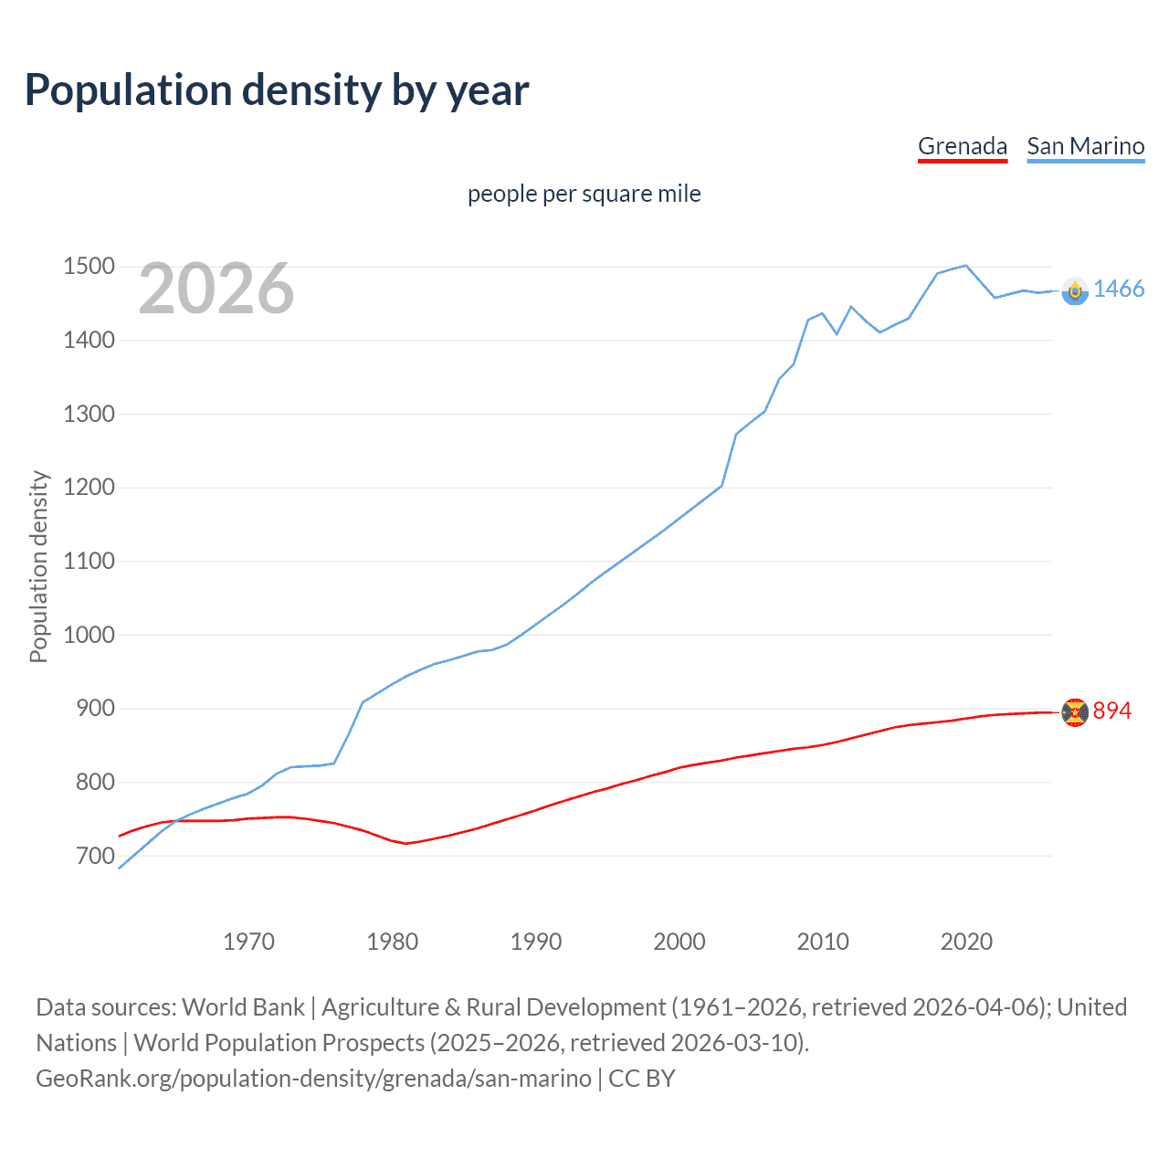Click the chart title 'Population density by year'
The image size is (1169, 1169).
coord(277,90)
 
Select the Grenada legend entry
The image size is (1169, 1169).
coord(962,146)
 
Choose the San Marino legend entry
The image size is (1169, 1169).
coord(1085,146)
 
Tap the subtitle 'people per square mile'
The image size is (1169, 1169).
coord(584,195)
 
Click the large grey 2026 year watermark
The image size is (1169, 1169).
coord(216,289)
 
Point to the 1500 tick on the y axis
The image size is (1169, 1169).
coord(89,267)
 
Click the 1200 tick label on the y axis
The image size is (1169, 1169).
coord(89,488)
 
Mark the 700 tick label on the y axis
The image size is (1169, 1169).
coord(95,856)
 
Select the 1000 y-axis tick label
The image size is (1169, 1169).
coord(89,635)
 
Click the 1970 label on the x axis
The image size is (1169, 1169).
coord(248,942)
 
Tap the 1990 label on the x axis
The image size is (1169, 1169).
coord(536,942)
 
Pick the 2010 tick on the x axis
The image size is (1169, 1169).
coord(823,942)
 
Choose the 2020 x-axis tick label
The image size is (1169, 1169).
coord(966,942)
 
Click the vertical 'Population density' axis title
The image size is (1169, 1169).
coord(38,566)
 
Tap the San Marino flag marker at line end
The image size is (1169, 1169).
coord(1075,290)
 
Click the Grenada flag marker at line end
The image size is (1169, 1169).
coord(1075,711)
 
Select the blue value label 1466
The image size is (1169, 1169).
coord(1118,290)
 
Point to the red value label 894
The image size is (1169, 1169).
coord(1111,711)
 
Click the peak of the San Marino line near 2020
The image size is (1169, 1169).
coord(965,266)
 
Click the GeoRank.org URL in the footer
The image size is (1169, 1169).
coord(313,1079)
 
